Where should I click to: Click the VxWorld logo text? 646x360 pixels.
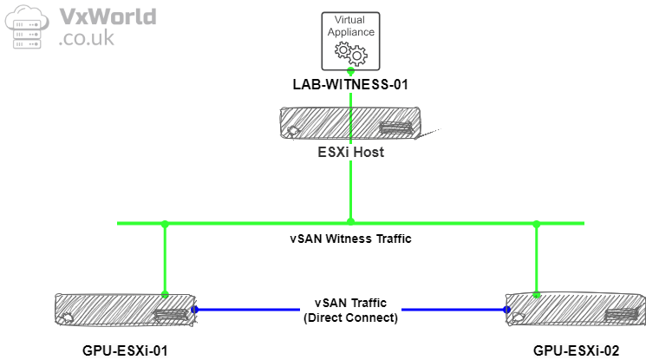coord(108,16)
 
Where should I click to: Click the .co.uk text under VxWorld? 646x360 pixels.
coord(86,39)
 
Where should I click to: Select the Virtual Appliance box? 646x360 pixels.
coord(350,41)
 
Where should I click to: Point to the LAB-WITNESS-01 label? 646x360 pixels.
coord(349,85)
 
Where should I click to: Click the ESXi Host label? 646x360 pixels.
coord(349,153)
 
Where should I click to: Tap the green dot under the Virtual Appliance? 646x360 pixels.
coord(350,70)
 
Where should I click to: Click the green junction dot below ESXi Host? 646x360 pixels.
coord(350,221)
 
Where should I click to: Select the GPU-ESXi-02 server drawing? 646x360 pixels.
coord(575,309)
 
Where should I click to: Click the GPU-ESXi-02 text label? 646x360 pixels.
coord(576,350)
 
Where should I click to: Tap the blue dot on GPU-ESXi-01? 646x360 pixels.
coord(194,309)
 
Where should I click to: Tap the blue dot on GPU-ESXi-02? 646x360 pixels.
coord(507,308)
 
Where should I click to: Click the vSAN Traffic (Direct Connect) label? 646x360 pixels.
coord(350,311)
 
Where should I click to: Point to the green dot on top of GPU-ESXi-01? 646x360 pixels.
coord(165,294)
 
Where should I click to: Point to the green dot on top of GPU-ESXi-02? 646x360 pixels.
coord(537,294)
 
